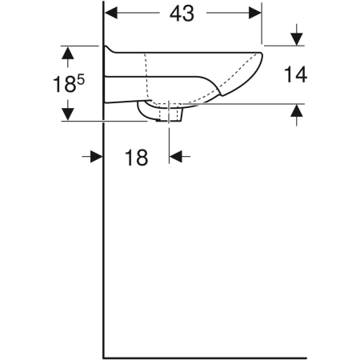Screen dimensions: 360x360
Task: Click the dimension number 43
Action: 182,14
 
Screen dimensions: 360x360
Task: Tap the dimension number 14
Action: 296,74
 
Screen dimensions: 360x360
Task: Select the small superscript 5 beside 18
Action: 81,79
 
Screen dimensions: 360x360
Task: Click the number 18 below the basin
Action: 136,158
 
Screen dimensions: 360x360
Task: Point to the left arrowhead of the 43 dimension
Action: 111,13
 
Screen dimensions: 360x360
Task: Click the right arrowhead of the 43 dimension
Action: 255,13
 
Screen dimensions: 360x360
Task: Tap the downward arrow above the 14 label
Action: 297,35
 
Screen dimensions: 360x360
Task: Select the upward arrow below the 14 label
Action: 297,114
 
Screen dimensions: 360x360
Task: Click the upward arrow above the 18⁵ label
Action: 68,57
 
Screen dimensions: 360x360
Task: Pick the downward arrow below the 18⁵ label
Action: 68,110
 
